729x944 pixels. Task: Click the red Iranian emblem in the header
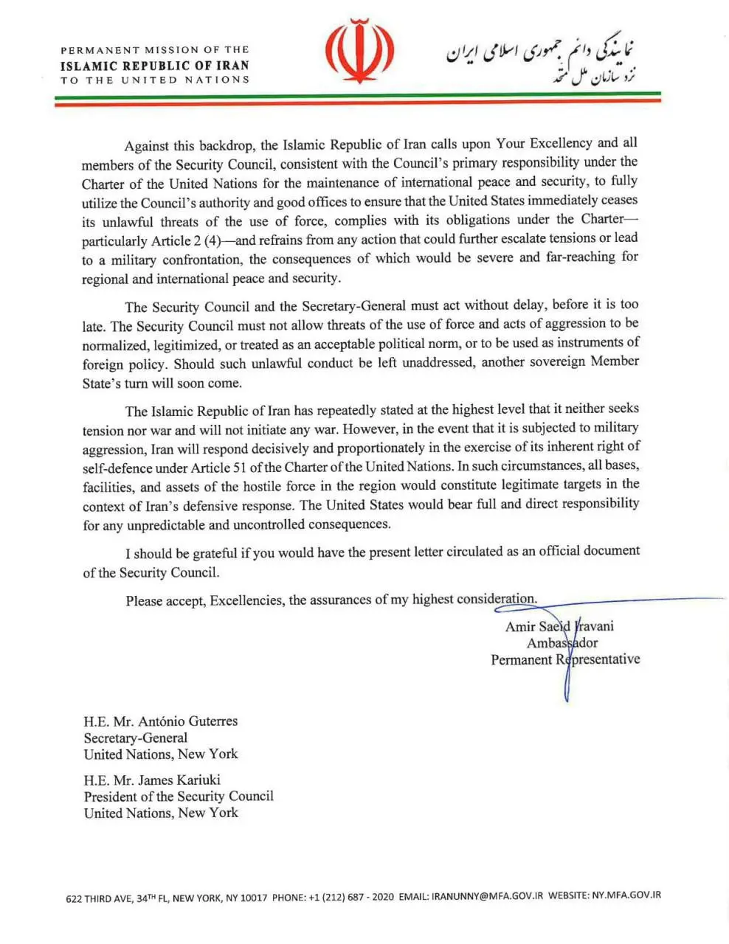(x=359, y=53)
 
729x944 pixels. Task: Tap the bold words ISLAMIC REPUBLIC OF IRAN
(x=155, y=65)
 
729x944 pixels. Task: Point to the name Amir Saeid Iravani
(x=559, y=627)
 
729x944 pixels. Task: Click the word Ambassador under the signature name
(x=562, y=643)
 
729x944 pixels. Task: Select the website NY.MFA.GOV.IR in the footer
(x=626, y=895)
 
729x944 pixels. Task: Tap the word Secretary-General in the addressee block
(x=136, y=737)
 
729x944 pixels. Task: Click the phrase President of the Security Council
(x=179, y=796)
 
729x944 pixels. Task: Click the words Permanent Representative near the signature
(x=565, y=659)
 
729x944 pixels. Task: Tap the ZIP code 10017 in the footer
(x=254, y=898)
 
